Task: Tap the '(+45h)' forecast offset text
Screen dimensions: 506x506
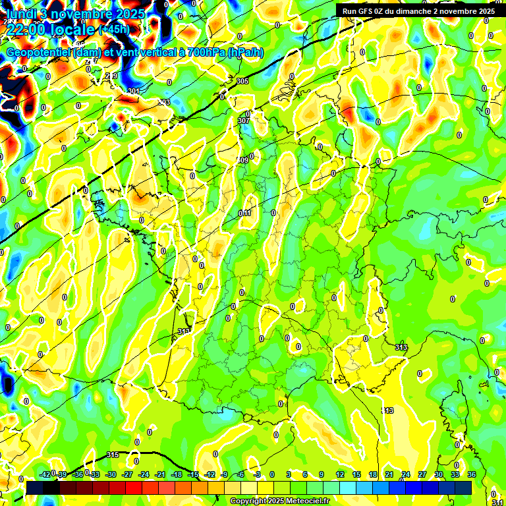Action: (114, 29)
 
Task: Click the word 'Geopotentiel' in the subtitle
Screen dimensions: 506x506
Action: (39, 53)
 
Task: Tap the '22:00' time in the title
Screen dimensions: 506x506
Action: (26, 30)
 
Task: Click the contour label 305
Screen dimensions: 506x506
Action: (242, 81)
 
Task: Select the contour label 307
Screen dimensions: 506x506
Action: (243, 121)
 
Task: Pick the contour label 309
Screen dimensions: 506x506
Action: (242, 160)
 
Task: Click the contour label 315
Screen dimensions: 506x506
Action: (113, 455)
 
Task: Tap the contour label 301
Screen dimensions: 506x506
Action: (134, 91)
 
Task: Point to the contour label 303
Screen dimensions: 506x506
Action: (164, 102)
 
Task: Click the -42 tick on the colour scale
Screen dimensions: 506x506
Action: (45, 474)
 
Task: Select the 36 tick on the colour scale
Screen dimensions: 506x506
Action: (472, 474)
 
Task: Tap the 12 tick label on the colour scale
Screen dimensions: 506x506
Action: (340, 474)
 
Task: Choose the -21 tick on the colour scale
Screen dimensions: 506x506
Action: (160, 474)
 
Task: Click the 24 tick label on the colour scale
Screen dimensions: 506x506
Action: (406, 474)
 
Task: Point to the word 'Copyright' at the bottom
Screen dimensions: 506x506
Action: (248, 501)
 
